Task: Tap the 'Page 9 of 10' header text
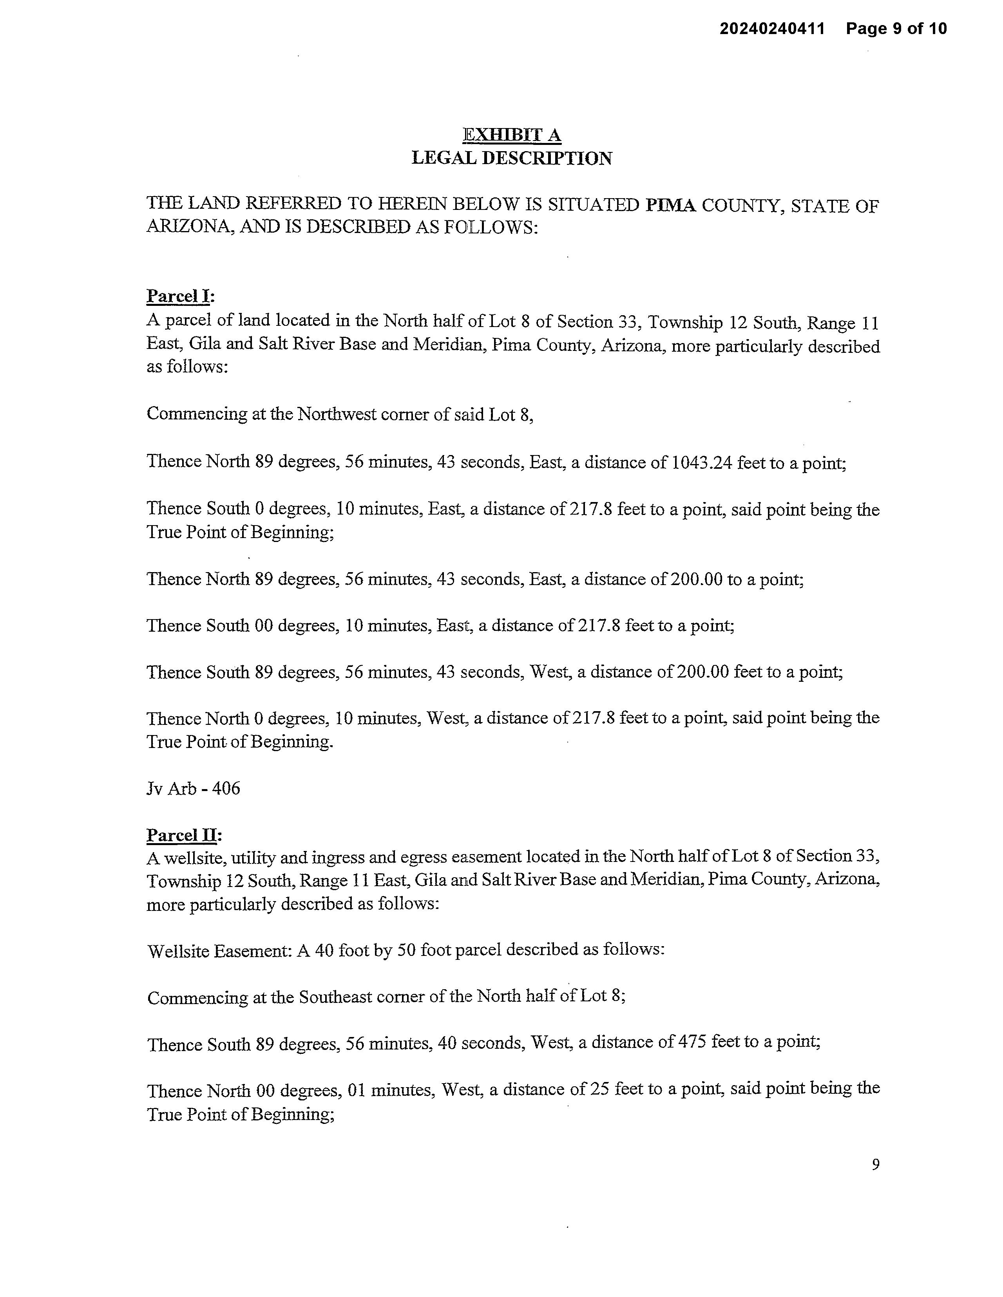896,29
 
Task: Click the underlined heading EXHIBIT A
512,135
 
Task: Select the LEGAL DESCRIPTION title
512,159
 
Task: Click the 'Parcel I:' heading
181,296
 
